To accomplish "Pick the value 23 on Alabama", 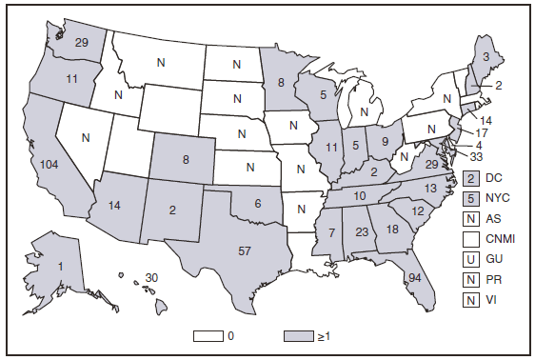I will click(361, 230).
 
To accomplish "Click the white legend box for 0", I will click(208, 336).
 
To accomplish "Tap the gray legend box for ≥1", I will click(298, 336).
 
